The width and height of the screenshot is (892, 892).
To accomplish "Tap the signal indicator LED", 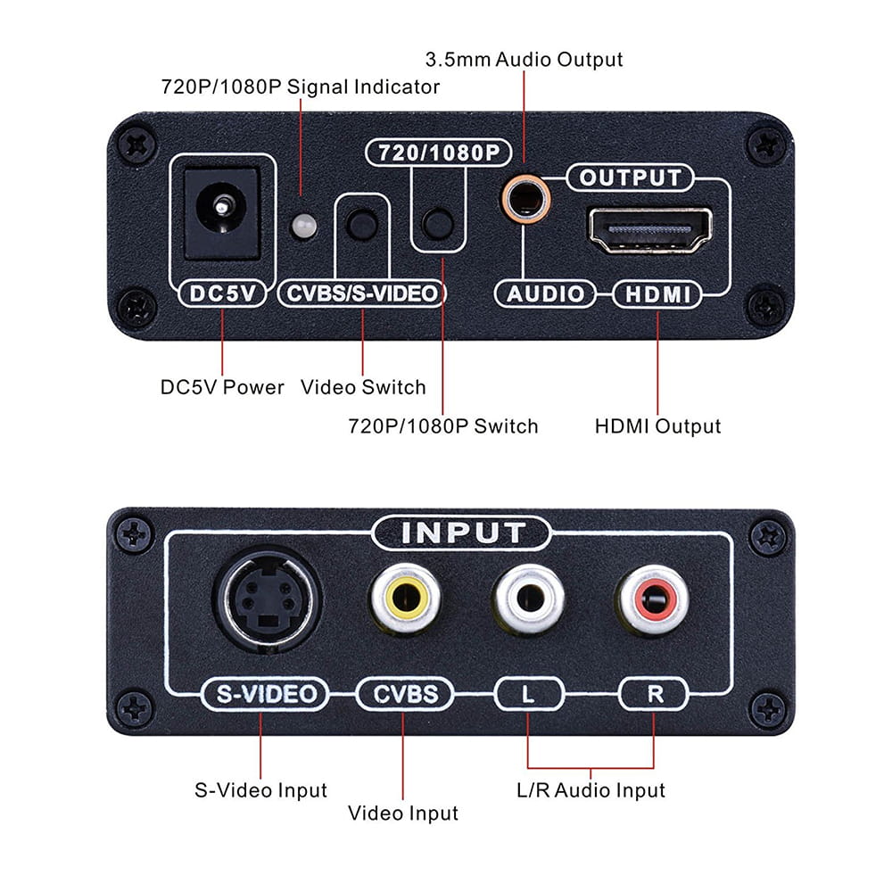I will click(304, 226).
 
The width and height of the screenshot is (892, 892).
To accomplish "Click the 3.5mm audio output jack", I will click(524, 198).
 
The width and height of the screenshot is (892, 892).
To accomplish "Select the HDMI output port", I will click(649, 230).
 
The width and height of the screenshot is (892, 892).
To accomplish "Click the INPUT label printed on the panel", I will click(462, 533).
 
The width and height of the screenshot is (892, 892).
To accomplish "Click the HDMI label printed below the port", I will click(656, 294).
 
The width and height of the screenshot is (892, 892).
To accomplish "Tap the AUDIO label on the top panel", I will click(545, 294).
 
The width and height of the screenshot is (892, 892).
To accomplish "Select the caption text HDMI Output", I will click(657, 426).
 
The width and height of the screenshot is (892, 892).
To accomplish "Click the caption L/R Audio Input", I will click(591, 790).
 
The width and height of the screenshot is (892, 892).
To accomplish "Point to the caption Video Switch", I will click(363, 387).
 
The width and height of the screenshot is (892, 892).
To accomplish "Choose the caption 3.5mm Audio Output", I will click(524, 60).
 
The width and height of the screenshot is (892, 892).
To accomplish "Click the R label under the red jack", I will click(655, 694).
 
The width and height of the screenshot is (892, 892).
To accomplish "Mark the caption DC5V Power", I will click(222, 387).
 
